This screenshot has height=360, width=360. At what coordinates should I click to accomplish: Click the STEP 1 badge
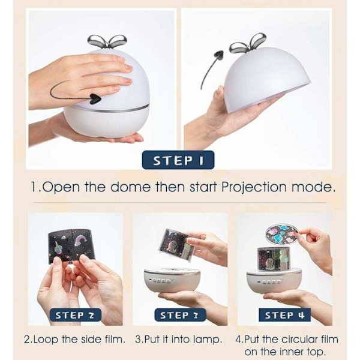click(x=178, y=160)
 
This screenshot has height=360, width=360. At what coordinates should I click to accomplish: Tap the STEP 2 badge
click(x=75, y=315)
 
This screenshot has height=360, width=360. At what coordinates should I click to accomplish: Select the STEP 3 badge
click(x=180, y=315)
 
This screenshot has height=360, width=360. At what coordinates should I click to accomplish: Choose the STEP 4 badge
click(x=284, y=315)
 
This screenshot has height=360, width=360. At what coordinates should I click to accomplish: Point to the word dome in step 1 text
click(x=130, y=187)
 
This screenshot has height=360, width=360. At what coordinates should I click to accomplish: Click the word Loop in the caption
click(x=48, y=340)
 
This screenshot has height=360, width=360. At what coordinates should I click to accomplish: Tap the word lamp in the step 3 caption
click(x=208, y=340)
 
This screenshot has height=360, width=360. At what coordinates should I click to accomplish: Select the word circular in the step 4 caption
click(x=308, y=340)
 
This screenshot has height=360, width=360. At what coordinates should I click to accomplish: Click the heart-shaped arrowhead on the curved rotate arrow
click(x=95, y=99)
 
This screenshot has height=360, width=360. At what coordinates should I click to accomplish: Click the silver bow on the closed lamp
click(x=107, y=41)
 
